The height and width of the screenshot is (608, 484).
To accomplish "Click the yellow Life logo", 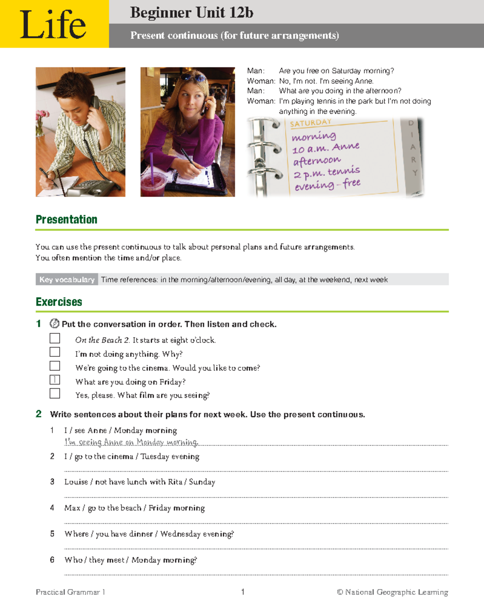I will (x=54, y=24).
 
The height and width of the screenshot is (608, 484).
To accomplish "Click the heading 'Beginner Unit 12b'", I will (x=191, y=12).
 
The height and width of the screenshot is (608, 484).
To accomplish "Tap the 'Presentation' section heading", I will (x=67, y=219).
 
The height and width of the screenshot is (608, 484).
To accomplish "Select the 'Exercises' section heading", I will (x=59, y=302).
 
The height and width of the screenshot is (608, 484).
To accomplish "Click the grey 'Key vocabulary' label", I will (x=67, y=279).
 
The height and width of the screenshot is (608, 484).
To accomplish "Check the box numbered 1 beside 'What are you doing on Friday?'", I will (x=55, y=380).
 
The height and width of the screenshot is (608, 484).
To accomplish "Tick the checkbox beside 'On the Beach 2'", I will (x=55, y=338).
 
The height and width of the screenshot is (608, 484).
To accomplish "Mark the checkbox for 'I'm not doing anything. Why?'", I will (x=55, y=352).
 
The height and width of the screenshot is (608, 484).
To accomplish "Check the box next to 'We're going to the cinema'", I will (x=55, y=366).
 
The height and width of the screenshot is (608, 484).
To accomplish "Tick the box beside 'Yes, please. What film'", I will (x=55, y=394).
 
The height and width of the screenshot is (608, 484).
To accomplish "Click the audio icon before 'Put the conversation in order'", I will (x=54, y=324).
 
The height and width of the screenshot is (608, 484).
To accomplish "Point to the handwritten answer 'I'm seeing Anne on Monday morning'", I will (x=131, y=442).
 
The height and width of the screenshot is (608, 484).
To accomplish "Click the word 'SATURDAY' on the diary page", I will (x=311, y=123).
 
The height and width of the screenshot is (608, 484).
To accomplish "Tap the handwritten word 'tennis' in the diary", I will (x=344, y=172).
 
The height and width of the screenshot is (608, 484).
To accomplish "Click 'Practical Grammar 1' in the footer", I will (x=70, y=592).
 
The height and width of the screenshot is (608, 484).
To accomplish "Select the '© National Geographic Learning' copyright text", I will (x=392, y=592).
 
